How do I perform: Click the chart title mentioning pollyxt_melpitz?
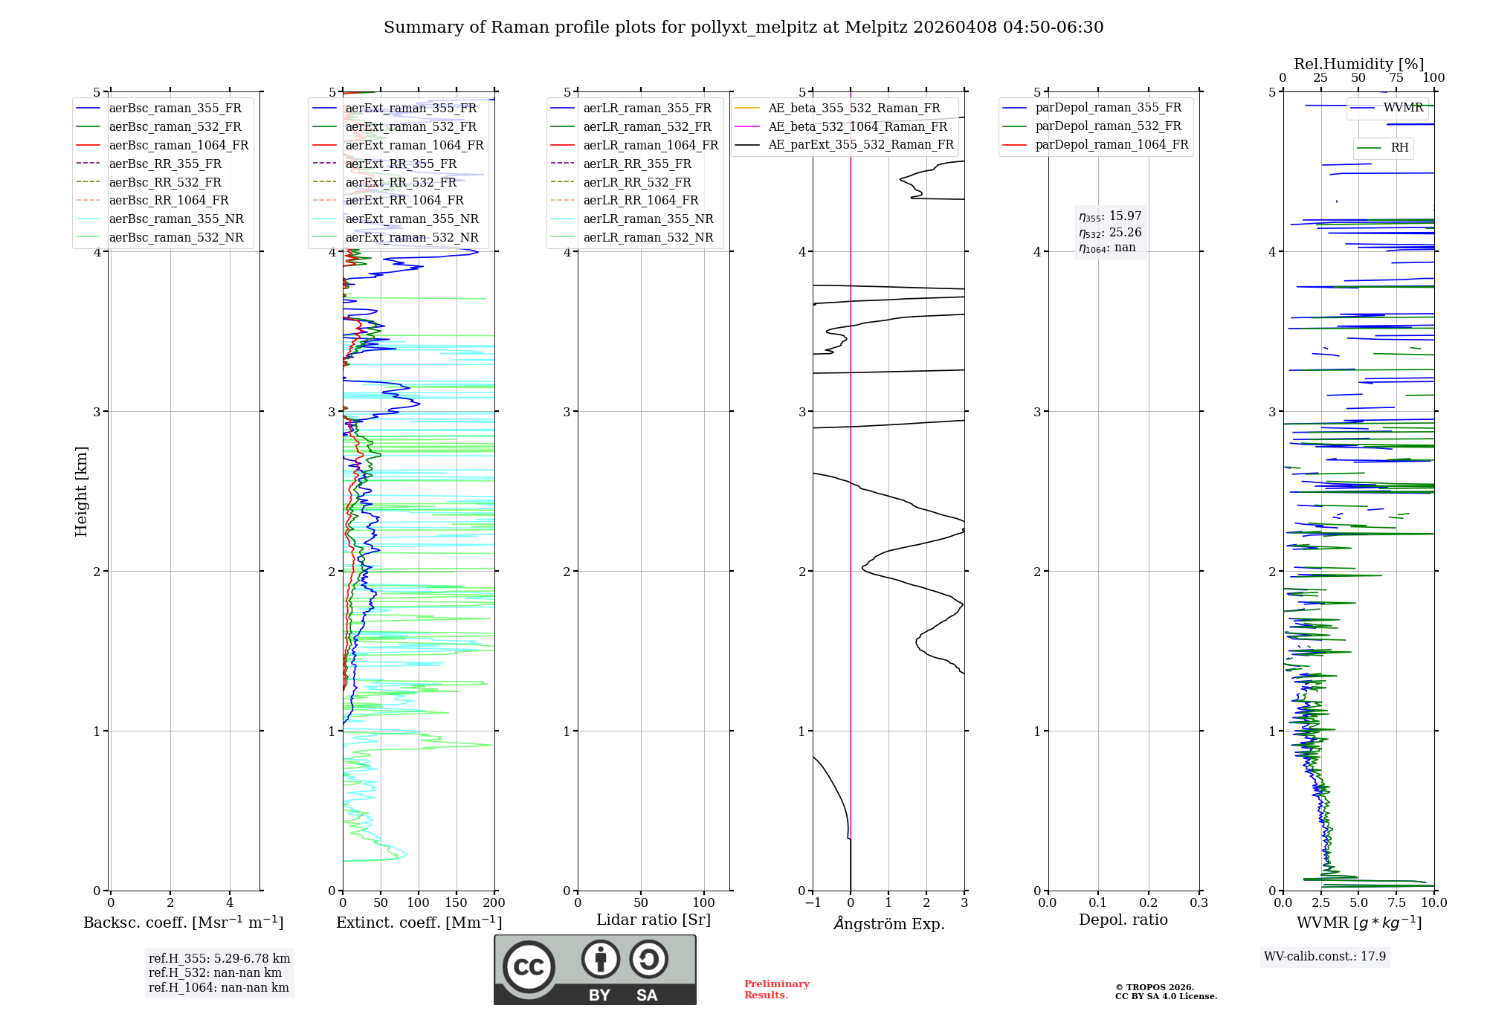point(743,28)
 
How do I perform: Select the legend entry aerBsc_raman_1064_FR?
point(178,145)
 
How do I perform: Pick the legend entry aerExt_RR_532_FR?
point(401,182)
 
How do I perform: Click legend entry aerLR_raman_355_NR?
point(648,219)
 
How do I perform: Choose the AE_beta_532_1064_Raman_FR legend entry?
point(857,126)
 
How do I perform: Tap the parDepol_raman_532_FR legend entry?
point(1108,126)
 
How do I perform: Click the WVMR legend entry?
point(1403,108)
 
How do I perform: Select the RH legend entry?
point(1399,148)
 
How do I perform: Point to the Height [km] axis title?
point(81,491)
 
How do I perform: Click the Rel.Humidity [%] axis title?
point(1358,64)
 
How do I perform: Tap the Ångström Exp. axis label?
point(889,923)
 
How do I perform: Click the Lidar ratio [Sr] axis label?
point(654,920)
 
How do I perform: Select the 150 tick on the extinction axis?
point(456,902)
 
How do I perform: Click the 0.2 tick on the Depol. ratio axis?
point(1149,902)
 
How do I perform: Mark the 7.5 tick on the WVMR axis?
point(1396,902)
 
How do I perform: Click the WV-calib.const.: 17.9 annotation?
point(1325,956)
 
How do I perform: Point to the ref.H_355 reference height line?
point(219,959)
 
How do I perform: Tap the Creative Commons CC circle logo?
point(529,967)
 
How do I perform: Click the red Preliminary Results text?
point(776,989)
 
